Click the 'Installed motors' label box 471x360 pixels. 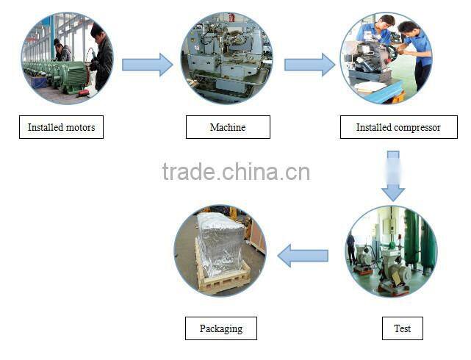tap(61, 127)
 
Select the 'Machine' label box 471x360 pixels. tap(228, 127)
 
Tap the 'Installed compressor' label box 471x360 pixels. tap(398, 127)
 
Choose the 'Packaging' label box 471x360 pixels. tap(220, 328)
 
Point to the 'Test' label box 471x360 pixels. tap(402, 328)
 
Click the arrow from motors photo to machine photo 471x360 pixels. tap(147, 65)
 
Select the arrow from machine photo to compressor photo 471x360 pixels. tap(309, 65)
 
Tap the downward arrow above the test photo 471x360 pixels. tap(393, 176)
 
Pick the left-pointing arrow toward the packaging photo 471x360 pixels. tap(303, 256)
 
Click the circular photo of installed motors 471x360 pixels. tap(67, 58)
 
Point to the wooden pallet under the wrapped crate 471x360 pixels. tap(223, 281)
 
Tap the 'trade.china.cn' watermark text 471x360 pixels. tap(235, 172)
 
